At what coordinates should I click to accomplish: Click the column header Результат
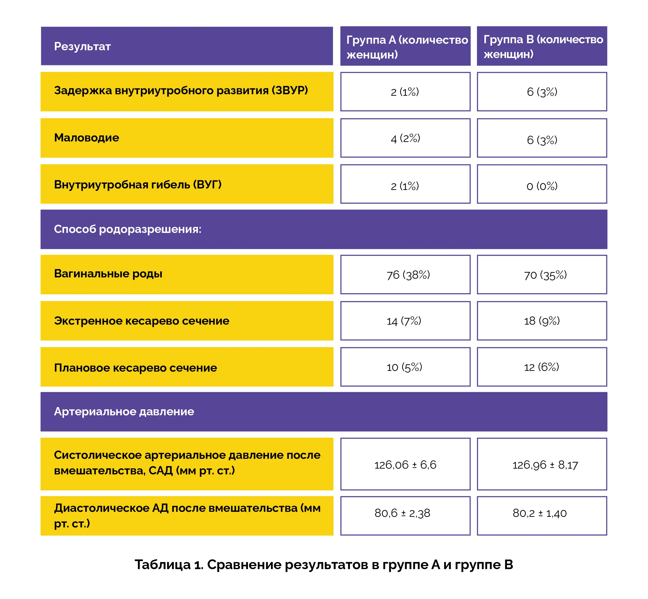click(x=82, y=46)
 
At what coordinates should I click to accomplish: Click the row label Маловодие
click(x=86, y=138)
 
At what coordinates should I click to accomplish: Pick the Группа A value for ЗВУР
click(x=405, y=92)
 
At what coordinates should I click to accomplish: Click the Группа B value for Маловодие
click(x=542, y=140)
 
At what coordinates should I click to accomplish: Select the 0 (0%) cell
click(x=542, y=186)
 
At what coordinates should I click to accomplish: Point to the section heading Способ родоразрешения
click(x=127, y=229)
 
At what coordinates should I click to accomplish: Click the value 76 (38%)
click(x=408, y=275)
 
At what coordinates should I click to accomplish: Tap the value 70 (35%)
click(x=545, y=275)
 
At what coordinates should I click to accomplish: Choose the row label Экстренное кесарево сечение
click(x=142, y=321)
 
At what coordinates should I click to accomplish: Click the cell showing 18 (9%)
click(x=542, y=321)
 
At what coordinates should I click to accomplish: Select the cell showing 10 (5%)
click(x=404, y=367)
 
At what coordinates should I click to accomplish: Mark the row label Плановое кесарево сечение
click(x=135, y=368)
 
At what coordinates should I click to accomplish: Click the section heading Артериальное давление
click(x=124, y=412)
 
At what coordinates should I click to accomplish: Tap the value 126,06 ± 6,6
click(x=405, y=465)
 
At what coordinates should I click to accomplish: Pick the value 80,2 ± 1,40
click(x=539, y=513)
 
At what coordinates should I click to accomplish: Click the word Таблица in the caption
click(x=162, y=565)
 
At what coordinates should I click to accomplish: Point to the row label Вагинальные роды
click(x=108, y=274)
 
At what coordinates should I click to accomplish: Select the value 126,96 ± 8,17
click(x=545, y=465)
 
